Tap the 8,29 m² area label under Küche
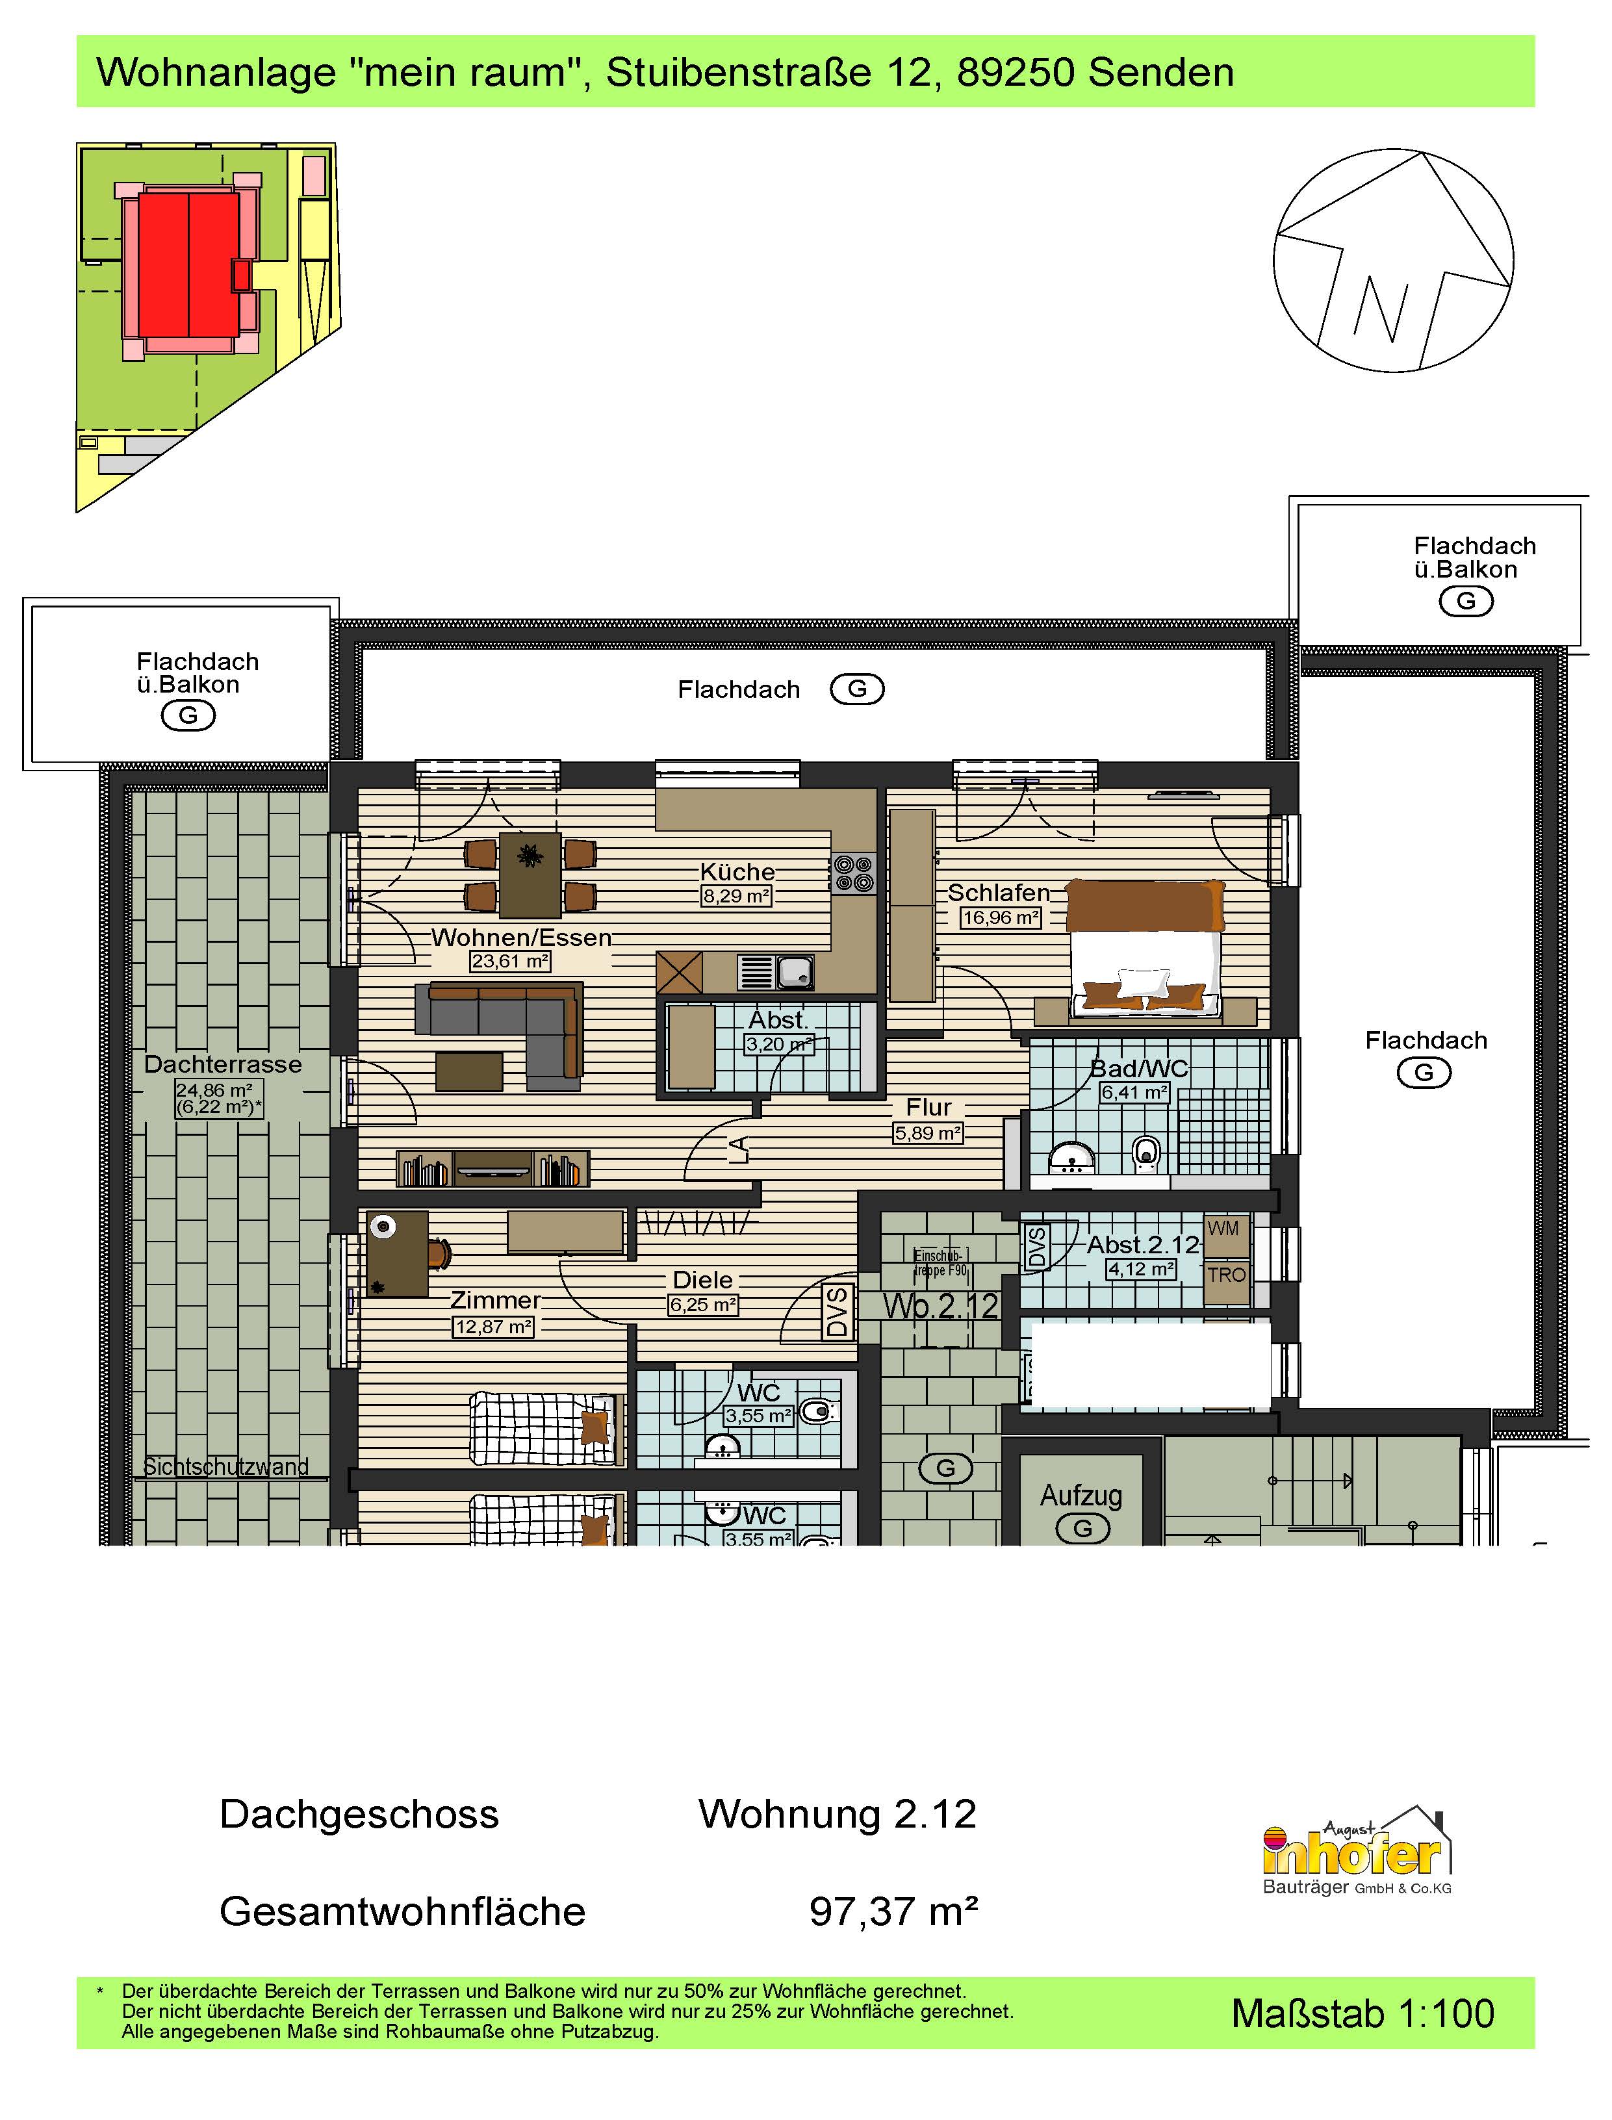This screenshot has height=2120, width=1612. point(736,896)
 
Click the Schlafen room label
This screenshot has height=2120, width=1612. point(998,892)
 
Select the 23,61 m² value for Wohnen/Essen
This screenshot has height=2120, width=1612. point(509,960)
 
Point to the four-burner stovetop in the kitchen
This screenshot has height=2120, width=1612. point(853,873)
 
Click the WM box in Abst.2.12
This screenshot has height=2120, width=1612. point(1223,1229)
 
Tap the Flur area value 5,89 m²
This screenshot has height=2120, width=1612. point(928,1133)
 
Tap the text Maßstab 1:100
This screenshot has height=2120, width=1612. point(1363,2013)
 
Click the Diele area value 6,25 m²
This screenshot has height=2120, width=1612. point(703,1305)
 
